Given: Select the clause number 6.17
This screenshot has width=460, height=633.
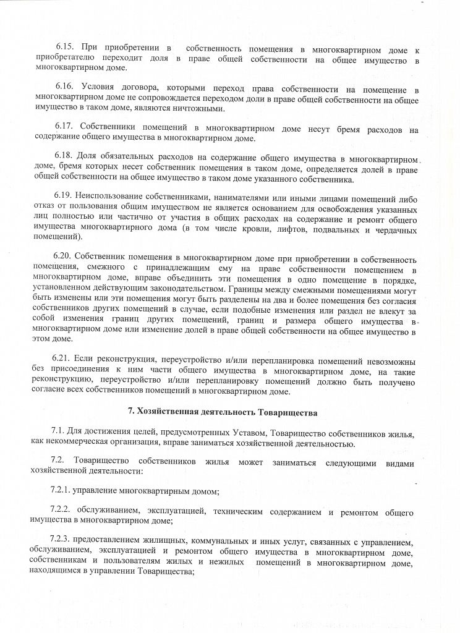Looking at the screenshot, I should pyautogui.click(x=64, y=129).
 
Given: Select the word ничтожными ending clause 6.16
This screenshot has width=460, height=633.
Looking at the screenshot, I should pyautogui.click(x=200, y=109).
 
